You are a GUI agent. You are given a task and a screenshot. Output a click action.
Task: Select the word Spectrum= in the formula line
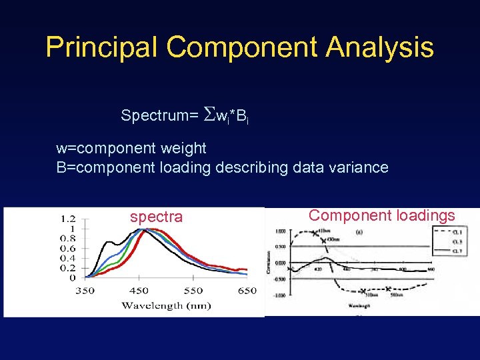[x=159, y=115]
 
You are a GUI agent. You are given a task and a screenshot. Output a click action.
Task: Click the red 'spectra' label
[x=156, y=217]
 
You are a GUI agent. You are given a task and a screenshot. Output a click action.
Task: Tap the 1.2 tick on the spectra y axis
[x=67, y=218]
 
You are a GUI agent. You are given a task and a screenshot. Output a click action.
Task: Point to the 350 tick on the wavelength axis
[x=85, y=291]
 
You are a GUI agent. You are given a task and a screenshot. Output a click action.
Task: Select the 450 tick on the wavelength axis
[x=139, y=291]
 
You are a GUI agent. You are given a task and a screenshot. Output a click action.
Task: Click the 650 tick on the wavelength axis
[x=247, y=291]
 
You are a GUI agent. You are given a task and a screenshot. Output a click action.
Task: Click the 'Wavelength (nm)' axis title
[x=166, y=305]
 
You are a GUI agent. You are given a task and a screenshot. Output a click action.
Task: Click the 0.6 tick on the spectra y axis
[x=67, y=248]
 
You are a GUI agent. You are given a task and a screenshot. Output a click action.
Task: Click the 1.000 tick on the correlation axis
[x=279, y=231]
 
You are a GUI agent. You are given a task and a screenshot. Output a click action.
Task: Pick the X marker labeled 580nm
[x=387, y=289]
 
